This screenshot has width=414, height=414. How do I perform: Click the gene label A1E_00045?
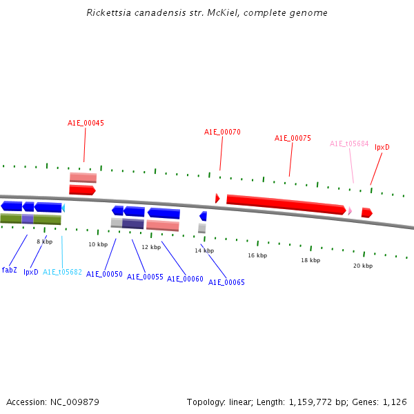(86, 123)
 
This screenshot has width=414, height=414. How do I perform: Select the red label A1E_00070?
(222, 132)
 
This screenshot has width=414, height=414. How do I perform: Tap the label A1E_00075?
(293, 138)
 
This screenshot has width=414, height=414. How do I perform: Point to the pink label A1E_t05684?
(349, 144)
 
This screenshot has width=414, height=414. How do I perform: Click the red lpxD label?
(382, 147)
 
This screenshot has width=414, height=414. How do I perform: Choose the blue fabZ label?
(10, 270)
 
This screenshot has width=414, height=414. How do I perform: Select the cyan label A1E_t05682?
(62, 272)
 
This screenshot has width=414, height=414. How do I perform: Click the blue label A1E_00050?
(104, 274)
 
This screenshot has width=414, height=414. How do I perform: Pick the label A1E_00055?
(145, 277)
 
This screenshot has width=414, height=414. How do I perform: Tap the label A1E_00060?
(185, 279)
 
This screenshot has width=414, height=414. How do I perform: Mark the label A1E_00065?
(226, 282)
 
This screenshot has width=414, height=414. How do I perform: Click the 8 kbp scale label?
(44, 241)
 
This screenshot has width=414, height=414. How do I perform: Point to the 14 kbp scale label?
(204, 250)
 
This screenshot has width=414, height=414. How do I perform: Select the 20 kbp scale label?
(363, 266)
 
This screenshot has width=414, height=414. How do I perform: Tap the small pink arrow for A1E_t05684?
(350, 210)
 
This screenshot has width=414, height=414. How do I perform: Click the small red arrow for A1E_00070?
(217, 199)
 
